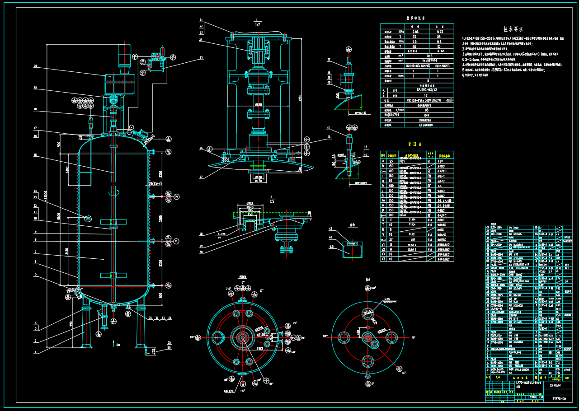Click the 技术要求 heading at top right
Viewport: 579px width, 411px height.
(513, 29)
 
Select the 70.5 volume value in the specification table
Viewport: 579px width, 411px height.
(429, 56)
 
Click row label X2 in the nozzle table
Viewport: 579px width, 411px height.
(383, 259)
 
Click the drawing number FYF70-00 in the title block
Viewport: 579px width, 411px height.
(559, 398)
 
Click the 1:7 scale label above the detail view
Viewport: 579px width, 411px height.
(256, 24)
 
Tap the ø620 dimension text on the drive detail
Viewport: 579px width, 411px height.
(258, 105)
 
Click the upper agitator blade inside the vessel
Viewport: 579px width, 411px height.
(113, 222)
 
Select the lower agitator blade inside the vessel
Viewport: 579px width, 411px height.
(113, 275)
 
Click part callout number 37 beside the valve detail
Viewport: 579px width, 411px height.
(329, 60)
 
